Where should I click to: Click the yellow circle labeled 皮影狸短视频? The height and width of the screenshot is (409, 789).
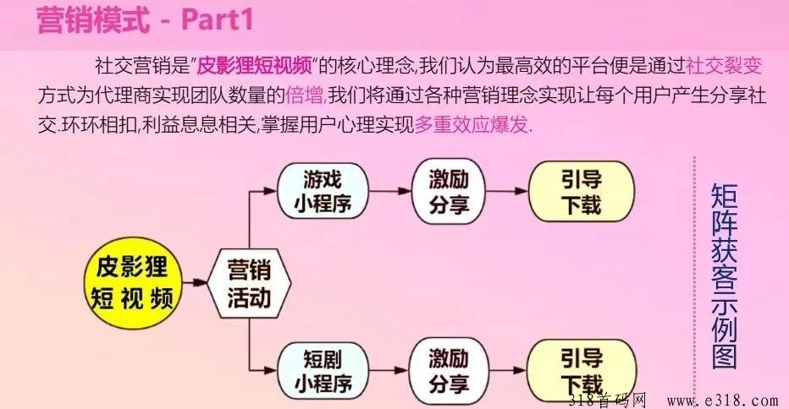pyautogui.click(x=133, y=283)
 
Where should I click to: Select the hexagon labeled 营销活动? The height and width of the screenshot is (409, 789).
pyautogui.click(x=249, y=283)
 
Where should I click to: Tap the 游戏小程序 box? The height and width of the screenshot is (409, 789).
pyautogui.click(x=323, y=191)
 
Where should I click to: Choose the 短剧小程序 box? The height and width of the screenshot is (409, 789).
pyautogui.click(x=323, y=371)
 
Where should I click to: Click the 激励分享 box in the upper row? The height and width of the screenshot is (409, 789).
pyautogui.click(x=449, y=191)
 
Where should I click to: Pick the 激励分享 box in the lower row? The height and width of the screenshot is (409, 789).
pyautogui.click(x=449, y=371)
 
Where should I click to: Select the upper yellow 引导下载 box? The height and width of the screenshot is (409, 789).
pyautogui.click(x=582, y=192)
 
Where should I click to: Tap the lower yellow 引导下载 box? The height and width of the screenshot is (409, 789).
pyautogui.click(x=582, y=371)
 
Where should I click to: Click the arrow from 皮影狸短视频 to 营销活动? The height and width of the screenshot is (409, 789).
pyautogui.click(x=196, y=282)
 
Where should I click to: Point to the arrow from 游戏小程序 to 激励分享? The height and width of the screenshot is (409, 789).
pyautogui.click(x=390, y=191)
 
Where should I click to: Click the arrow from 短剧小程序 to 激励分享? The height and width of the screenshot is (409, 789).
pyautogui.click(x=389, y=371)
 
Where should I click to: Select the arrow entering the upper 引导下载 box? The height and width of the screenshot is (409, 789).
pyautogui.click(x=507, y=191)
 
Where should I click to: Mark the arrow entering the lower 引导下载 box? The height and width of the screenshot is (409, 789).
pyautogui.click(x=508, y=371)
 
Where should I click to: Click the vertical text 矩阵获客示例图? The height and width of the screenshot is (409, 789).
pyautogui.click(x=724, y=276)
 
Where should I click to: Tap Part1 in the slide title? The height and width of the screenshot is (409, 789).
pyautogui.click(x=217, y=20)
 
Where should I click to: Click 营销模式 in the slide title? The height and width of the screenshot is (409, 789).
pyautogui.click(x=94, y=20)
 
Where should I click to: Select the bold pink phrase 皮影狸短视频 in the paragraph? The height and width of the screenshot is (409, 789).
pyautogui.click(x=254, y=66)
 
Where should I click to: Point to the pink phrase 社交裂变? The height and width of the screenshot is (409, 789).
pyautogui.click(x=725, y=66)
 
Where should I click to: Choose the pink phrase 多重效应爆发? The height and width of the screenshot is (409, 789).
pyautogui.click(x=471, y=124)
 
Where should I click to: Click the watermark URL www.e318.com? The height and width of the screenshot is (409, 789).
pyautogui.click(x=723, y=401)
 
